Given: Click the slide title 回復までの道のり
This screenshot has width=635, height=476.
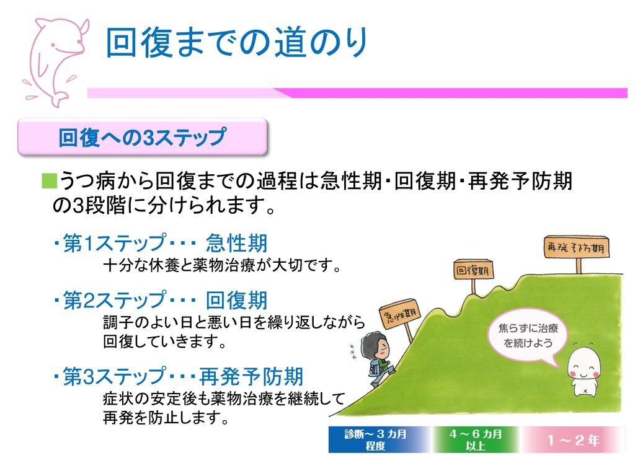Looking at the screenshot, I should (x=237, y=43).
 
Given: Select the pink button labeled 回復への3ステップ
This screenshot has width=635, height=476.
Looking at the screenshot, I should (x=143, y=137).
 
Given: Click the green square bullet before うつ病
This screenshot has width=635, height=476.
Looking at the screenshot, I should (x=49, y=182).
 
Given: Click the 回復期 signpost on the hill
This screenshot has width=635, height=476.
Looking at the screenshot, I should (x=474, y=271).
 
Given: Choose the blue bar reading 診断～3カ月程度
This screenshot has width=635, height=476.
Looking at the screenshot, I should (x=376, y=439).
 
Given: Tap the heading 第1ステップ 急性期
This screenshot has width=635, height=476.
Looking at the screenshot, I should (x=159, y=243).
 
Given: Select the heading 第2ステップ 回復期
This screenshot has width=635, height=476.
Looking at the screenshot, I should (x=159, y=301).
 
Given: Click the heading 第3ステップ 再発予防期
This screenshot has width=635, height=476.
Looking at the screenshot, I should (x=177, y=376).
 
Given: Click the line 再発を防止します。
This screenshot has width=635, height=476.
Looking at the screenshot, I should (x=166, y=418).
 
